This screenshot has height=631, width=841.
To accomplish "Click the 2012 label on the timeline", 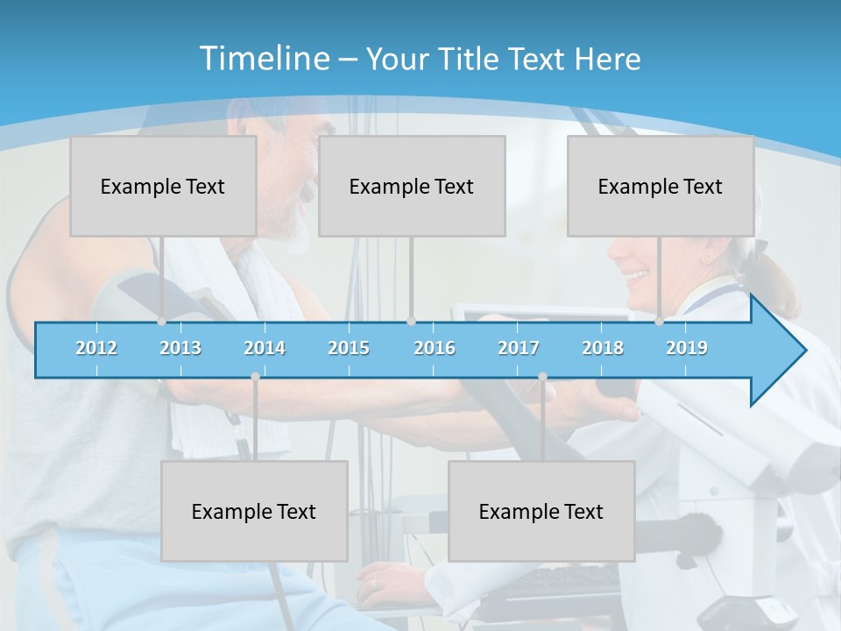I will (96, 348).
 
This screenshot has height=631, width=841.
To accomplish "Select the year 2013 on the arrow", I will (180, 348).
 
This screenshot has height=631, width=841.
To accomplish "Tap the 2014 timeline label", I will (265, 348).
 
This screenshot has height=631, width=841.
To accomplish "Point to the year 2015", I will (349, 348).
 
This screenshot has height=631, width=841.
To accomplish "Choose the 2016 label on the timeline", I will (435, 348).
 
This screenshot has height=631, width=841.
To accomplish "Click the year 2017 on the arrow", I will (519, 348).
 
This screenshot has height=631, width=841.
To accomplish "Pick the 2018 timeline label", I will (603, 348).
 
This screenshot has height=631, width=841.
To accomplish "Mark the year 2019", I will (687, 348).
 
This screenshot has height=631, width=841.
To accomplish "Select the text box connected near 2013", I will (163, 186).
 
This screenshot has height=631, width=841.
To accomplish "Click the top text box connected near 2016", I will (412, 186).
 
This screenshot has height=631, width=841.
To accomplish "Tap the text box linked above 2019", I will (661, 186).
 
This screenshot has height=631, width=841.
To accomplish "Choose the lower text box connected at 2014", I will (254, 511).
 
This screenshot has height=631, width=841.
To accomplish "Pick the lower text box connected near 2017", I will (541, 511).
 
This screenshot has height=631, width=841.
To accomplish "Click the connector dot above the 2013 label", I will (162, 322).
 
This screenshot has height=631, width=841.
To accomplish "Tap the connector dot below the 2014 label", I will (255, 376).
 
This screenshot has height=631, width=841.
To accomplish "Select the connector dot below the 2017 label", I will (542, 376).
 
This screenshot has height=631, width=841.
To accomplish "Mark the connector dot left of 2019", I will (660, 322).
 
